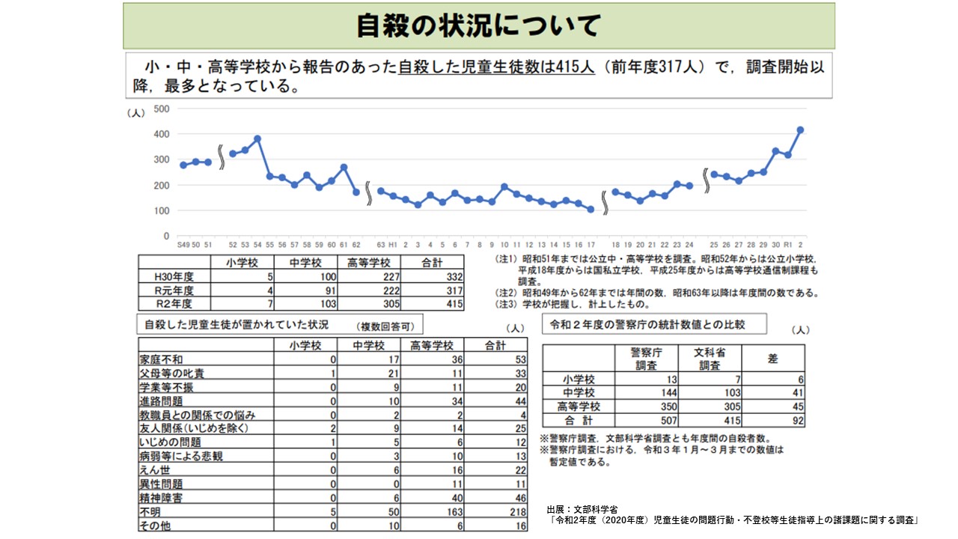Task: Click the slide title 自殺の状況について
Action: [x=478, y=26]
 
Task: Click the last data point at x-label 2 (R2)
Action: [x=800, y=130]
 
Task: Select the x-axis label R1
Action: [x=787, y=245]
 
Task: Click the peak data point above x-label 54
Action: [x=257, y=138]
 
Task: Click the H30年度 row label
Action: [x=174, y=277]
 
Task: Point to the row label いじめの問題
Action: [x=170, y=442]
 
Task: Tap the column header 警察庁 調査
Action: [x=645, y=358]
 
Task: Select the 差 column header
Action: [x=772, y=359]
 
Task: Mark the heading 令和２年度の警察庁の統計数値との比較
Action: [x=647, y=324]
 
